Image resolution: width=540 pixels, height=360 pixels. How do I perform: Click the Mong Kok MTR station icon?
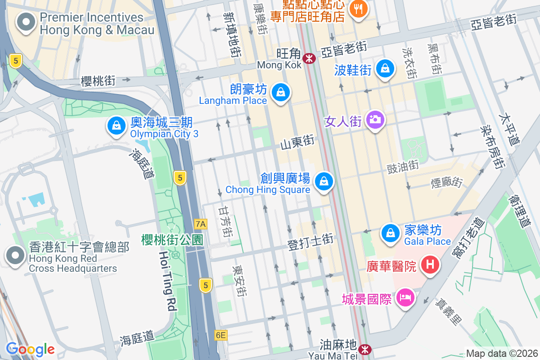click(x=309, y=58)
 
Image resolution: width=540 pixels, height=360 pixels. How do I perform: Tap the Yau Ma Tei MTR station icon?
click(x=365, y=349)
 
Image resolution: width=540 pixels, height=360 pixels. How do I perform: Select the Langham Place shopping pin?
click(x=281, y=92)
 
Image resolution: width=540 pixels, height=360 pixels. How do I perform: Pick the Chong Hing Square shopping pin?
click(x=323, y=181)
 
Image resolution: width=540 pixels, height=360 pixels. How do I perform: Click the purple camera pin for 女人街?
click(x=374, y=120)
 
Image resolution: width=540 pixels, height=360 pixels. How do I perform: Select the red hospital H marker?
click(x=430, y=264)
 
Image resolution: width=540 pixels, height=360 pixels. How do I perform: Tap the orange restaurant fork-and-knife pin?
click(x=358, y=8)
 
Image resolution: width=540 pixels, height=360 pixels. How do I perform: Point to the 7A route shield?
click(x=201, y=224)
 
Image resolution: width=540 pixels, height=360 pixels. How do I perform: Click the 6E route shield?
click(x=220, y=335)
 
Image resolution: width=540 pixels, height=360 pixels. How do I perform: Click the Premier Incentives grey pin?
click(x=26, y=21)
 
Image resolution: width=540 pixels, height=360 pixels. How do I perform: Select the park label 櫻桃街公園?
click(x=172, y=239)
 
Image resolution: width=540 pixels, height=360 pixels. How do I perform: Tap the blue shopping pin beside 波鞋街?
click(x=385, y=68)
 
